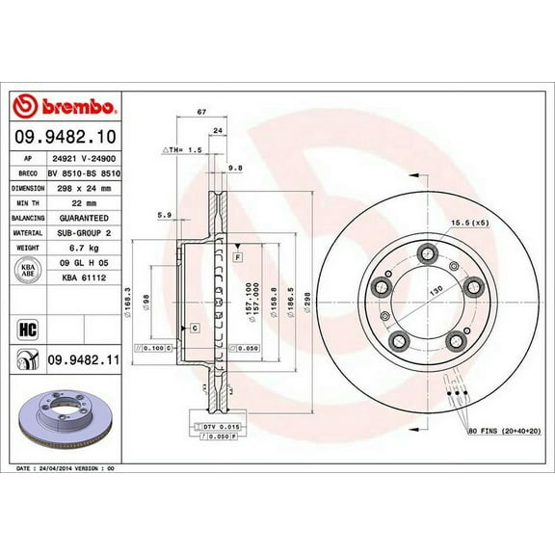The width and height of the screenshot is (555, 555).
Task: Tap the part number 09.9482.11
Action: (x=82, y=359)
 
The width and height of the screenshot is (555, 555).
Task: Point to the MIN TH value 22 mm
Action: (x=66, y=203)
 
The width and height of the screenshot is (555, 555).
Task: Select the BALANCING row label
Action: (x=28, y=219)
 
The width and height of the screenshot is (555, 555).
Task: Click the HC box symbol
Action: (x=27, y=330)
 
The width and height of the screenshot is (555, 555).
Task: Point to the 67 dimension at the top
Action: (x=200, y=113)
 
